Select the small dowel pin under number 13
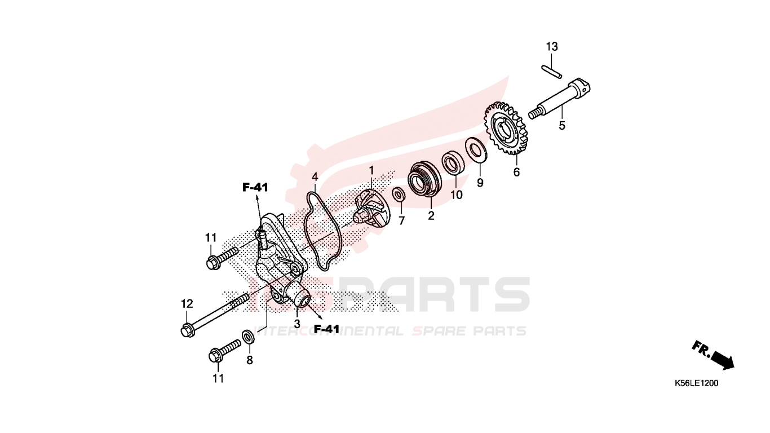552,71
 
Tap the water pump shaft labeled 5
560,99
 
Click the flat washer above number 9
476,149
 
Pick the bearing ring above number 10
453,163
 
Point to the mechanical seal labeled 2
424,179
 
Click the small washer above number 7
399,195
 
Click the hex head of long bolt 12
188,330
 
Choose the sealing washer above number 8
248,337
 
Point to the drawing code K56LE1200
696,383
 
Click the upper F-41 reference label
255,187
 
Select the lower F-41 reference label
326,329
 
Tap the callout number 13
552,46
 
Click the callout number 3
297,324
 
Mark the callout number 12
187,304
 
